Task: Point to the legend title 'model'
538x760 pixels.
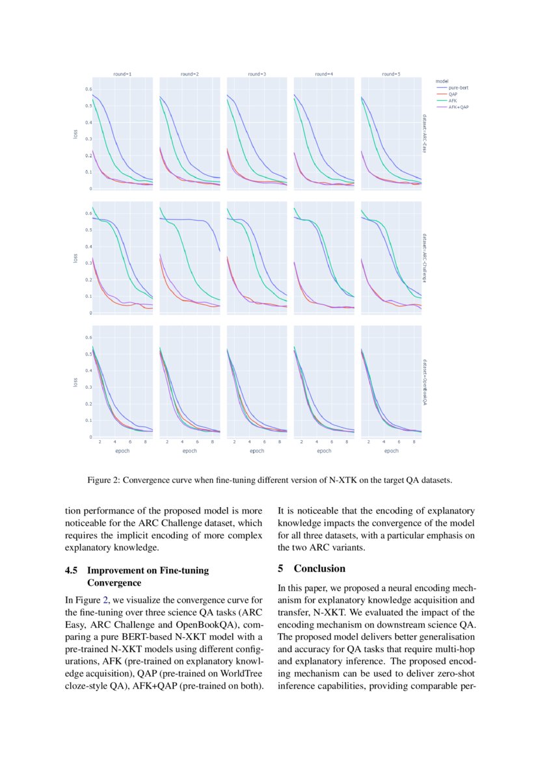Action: pyautogui.click(x=442, y=81)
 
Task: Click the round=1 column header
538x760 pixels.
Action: pyautogui.click(x=122, y=75)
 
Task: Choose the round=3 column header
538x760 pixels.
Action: pyautogui.click(x=257, y=75)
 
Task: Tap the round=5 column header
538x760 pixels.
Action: pyautogui.click(x=391, y=75)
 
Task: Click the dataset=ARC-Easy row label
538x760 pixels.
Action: pyautogui.click(x=424, y=134)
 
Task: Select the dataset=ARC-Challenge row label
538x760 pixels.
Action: pyautogui.click(x=424, y=258)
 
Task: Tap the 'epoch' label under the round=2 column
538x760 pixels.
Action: pyautogui.click(x=189, y=450)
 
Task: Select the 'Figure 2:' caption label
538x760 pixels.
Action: pyautogui.click(x=103, y=481)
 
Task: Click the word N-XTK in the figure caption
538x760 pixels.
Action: pyautogui.click(x=355, y=481)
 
